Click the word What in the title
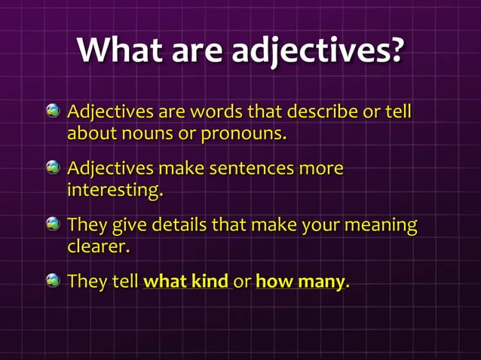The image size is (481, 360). tap(120, 51)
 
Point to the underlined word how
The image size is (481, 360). tap(271, 282)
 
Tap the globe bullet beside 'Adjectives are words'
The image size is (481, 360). tap(52, 113)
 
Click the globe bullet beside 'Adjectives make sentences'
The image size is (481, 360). tap(52, 168)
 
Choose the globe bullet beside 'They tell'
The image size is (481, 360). tap(52, 282)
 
